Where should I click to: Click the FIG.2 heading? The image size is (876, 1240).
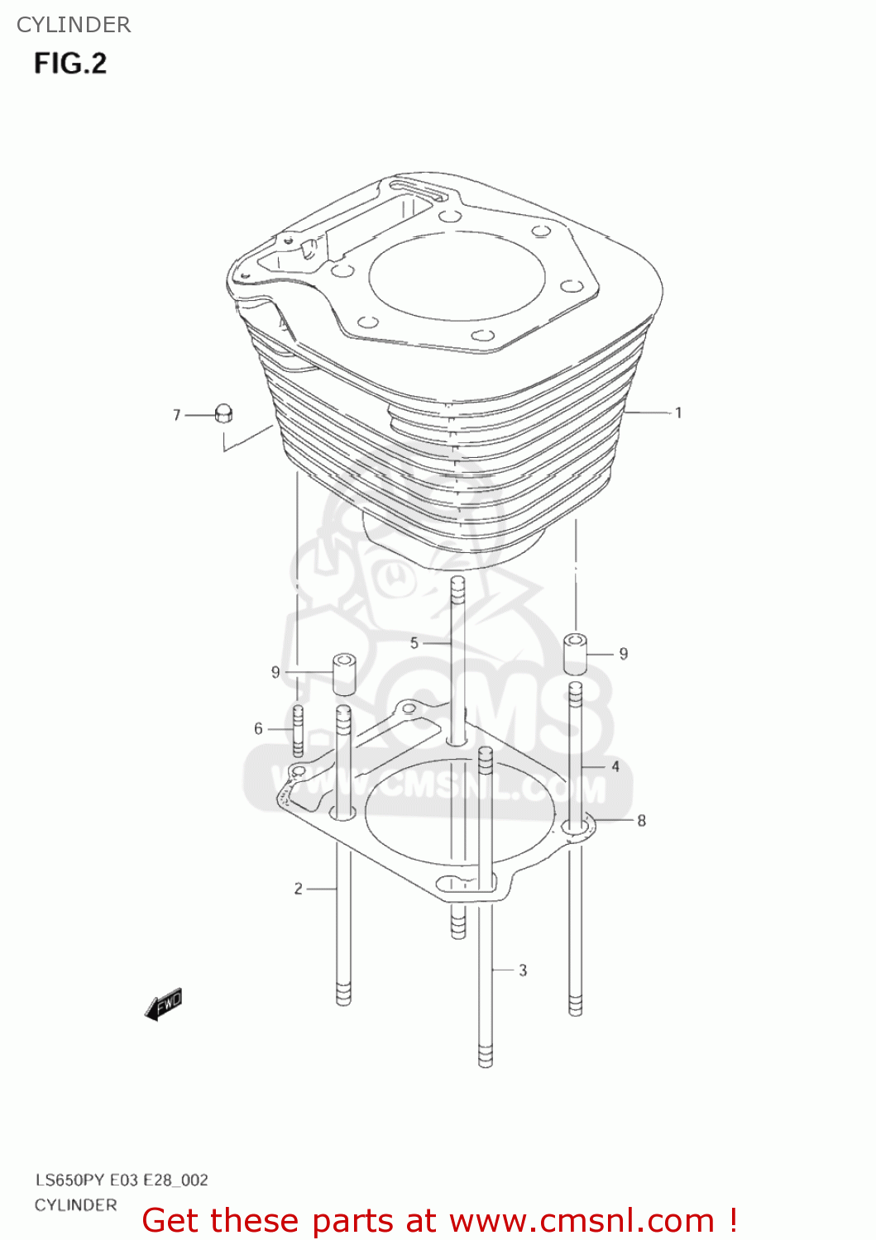[x=70, y=64]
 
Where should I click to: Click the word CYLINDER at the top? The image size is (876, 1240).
[x=74, y=25]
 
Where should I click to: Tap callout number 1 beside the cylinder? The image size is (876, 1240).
[x=678, y=413]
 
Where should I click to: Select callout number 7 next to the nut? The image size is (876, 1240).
[x=176, y=415]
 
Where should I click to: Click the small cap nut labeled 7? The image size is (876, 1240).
[x=223, y=413]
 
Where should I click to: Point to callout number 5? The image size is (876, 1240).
[x=414, y=642]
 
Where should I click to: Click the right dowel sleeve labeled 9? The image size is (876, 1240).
[x=576, y=654]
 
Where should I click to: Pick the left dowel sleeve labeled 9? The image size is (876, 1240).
[x=344, y=674]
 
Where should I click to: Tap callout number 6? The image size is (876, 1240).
[x=258, y=728]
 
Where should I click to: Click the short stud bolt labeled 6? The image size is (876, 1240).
[x=299, y=730]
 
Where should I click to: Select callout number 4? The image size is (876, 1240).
[x=615, y=766]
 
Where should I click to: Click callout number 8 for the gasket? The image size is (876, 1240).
[x=641, y=821]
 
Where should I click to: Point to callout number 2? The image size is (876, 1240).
[x=298, y=889]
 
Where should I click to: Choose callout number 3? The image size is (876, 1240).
[x=523, y=970]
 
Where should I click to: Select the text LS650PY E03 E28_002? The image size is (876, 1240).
[x=122, y=1180]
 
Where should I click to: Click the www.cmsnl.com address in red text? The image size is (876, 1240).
[x=582, y=1220]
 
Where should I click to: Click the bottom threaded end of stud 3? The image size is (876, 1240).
[x=486, y=1056]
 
